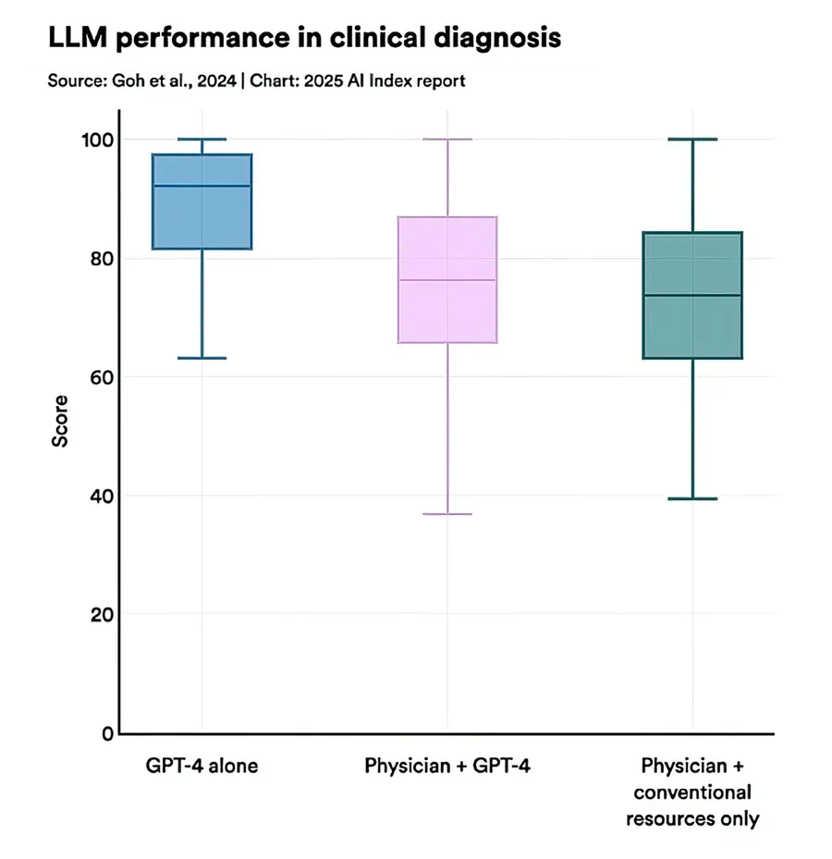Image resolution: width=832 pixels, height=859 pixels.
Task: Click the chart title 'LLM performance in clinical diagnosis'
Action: [304, 38]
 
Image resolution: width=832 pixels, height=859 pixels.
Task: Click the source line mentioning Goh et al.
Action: [256, 81]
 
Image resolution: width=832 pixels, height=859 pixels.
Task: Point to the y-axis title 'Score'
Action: [60, 423]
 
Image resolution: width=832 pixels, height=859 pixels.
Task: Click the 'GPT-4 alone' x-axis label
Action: [202, 767]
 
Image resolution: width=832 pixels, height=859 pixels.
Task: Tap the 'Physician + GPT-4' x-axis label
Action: [447, 767]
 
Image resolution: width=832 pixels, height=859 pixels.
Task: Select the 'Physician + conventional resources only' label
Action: [692, 792]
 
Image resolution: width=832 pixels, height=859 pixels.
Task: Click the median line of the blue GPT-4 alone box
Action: [202, 186]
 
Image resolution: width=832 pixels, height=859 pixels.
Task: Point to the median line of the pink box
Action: [447, 279]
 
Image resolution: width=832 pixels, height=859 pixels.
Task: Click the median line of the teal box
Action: [692, 295]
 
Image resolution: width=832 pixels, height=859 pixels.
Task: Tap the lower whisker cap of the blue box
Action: [202, 358]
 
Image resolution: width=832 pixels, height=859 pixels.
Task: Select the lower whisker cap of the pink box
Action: [447, 513]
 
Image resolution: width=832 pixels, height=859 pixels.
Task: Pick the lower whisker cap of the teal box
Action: [692, 498]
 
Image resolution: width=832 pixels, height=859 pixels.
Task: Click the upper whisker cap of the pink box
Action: [447, 139]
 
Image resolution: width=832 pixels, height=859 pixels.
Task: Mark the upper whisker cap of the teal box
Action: [692, 139]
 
